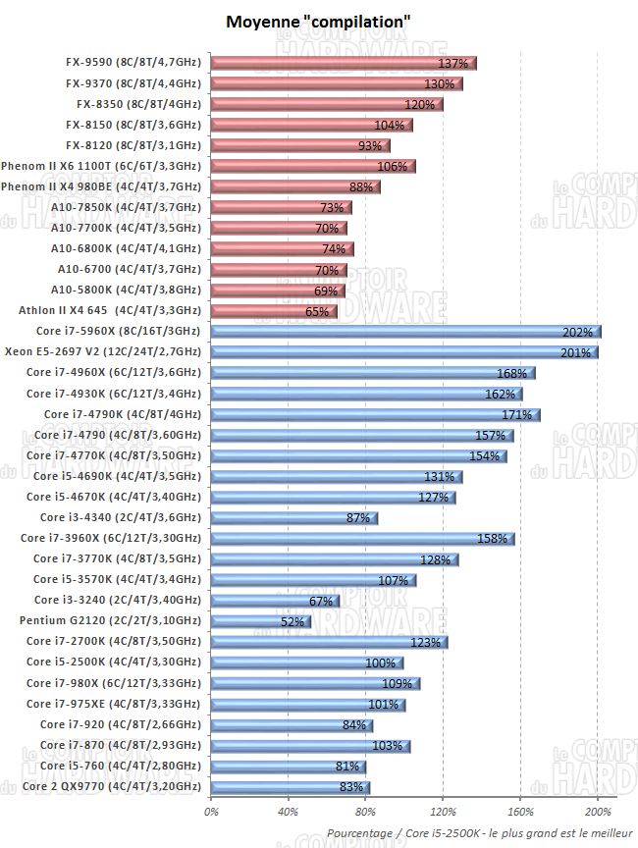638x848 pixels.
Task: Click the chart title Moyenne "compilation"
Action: coord(318,21)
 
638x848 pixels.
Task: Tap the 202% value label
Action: coord(576,332)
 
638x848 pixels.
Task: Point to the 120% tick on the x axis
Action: coord(443,812)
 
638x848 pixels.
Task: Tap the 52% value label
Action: coord(292,621)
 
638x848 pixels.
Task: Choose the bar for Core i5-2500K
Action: coord(306,662)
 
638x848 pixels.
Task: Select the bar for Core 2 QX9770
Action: coord(291,787)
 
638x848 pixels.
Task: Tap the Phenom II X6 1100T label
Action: coord(101,166)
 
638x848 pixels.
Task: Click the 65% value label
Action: coord(317,311)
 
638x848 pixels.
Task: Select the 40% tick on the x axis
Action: coord(288,812)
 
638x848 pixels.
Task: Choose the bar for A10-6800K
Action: coord(282,248)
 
